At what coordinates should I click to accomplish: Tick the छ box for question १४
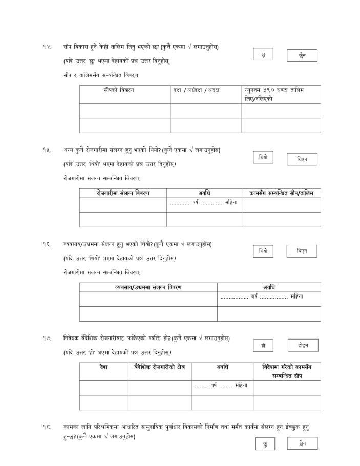pyautogui.click(x=263, y=54)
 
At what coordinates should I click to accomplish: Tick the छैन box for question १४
pyautogui.click(x=302, y=55)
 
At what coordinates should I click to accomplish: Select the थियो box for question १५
pyautogui.click(x=263, y=157)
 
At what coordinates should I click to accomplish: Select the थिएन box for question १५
pyautogui.click(x=302, y=159)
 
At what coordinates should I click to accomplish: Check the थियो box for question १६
pyautogui.click(x=263, y=251)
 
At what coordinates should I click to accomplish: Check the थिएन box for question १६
pyautogui.click(x=302, y=251)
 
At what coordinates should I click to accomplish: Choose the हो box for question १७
pyautogui.click(x=263, y=346)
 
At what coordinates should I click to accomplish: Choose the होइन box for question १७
pyautogui.click(x=303, y=345)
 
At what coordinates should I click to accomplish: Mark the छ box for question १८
pyautogui.click(x=264, y=444)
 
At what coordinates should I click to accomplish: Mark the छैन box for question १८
pyautogui.click(x=302, y=443)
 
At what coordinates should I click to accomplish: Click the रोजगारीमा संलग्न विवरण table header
pyautogui.click(x=123, y=193)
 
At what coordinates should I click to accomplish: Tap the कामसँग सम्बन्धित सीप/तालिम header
pyautogui.click(x=281, y=193)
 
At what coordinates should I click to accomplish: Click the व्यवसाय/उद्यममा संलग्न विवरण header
pyautogui.click(x=148, y=287)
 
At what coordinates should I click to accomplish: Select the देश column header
pyautogui.click(x=103, y=367)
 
